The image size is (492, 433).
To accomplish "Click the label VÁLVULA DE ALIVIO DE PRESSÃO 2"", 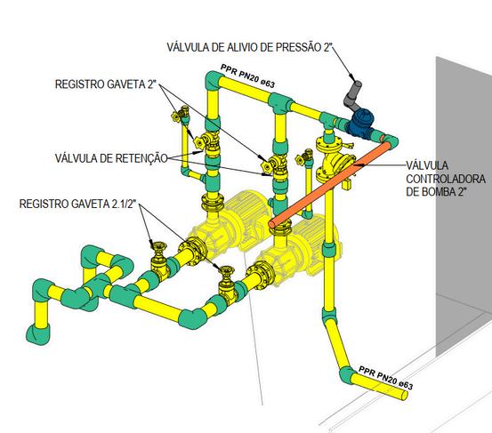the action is [x=249, y=47].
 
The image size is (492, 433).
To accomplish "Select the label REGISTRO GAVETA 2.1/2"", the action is [x=77, y=204].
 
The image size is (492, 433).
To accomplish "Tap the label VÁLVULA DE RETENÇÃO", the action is [x=112, y=158].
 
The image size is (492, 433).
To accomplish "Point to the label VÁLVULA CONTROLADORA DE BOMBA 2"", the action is [x=446, y=179].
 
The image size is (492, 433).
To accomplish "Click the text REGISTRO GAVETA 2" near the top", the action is [x=105, y=84].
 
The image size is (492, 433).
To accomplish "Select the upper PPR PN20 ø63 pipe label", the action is [x=247, y=76].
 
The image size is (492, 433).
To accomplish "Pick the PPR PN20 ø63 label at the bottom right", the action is [x=385, y=378].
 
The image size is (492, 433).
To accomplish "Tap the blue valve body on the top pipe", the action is [x=360, y=123].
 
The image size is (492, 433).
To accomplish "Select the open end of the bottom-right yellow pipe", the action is [x=404, y=396].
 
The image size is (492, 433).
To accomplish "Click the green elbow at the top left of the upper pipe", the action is [x=214, y=81].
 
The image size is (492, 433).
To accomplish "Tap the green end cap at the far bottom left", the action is [x=37, y=335].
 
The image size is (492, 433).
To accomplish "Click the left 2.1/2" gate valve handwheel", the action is [x=158, y=245].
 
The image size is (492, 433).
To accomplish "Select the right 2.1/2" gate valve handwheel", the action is [x=227, y=270].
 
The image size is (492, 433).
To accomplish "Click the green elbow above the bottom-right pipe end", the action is [x=348, y=375].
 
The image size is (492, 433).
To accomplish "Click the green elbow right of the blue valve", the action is [x=391, y=140].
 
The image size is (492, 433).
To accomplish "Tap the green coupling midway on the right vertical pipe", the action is [x=329, y=249].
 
